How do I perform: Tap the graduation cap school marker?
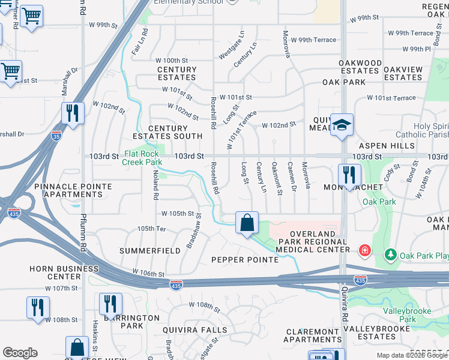point(342,125)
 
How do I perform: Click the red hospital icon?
point(363,250)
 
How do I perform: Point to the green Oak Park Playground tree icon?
point(390,255)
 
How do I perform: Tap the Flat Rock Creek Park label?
point(142,158)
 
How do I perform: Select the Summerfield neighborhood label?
point(150,250)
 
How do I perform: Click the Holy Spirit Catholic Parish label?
point(421,131)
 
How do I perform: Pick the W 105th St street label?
point(178,214)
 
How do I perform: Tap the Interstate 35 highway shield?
point(56,136)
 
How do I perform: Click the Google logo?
point(20,353)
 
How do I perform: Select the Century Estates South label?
point(175,132)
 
